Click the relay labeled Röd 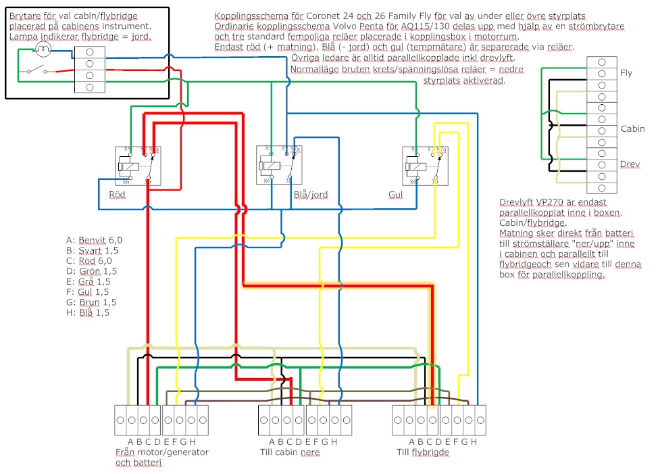[x=138, y=165]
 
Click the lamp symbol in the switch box [x=43, y=49]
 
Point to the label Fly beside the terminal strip [x=626, y=73]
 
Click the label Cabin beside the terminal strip [x=632, y=129]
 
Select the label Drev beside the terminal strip [x=630, y=164]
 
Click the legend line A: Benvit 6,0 [x=94, y=239]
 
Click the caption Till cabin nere [x=290, y=452]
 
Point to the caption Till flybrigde [x=423, y=452]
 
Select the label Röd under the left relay [x=117, y=195]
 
